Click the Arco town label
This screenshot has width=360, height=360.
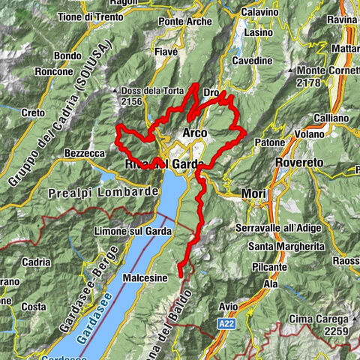pos(195,133)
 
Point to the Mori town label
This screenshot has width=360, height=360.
pos(253,194)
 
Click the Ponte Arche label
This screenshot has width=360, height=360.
pos(181,22)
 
